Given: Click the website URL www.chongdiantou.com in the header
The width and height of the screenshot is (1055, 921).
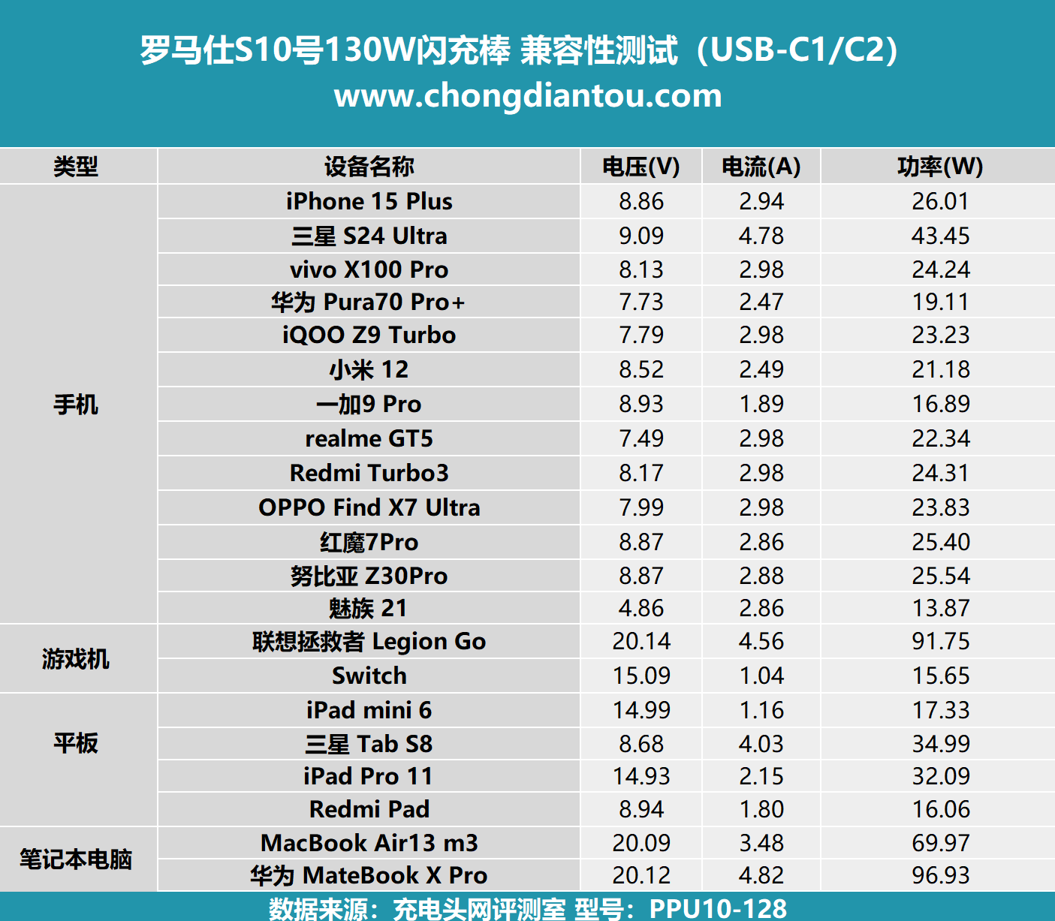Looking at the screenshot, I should [x=528, y=96].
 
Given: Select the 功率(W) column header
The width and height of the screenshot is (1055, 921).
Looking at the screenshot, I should [x=940, y=167].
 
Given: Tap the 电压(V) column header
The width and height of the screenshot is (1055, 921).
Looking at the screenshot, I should [x=641, y=167].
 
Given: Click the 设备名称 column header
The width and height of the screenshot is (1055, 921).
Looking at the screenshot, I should [x=369, y=167].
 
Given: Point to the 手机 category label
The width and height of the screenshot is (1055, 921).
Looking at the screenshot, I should [x=76, y=405].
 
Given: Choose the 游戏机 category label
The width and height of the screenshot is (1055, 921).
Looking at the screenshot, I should [x=76, y=659].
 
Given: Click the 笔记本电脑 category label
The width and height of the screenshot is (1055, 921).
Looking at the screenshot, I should [x=76, y=859].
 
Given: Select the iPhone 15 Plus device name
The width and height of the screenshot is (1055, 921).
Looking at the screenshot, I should [x=369, y=201].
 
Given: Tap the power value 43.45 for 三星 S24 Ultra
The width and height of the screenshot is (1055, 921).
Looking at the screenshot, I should [x=940, y=236].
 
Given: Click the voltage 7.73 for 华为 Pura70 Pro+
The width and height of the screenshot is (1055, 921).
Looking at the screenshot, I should [x=641, y=302].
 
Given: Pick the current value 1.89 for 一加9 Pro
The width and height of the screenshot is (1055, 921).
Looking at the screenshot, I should [x=761, y=404].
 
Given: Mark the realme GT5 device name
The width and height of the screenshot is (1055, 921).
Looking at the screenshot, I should [x=369, y=438].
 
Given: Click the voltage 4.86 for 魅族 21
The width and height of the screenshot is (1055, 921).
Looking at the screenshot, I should [x=641, y=608].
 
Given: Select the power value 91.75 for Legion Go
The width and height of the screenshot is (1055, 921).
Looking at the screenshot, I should [x=940, y=641].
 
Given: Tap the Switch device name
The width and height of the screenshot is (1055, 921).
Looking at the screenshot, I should [x=369, y=676].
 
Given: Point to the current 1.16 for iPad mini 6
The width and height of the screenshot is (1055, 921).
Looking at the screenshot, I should [x=761, y=710].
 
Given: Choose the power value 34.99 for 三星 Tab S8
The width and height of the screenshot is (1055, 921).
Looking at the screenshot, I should [x=940, y=744].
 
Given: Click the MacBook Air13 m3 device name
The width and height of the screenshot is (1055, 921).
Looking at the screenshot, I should [x=369, y=843].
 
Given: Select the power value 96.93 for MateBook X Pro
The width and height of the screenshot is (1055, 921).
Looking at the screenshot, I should [x=940, y=875].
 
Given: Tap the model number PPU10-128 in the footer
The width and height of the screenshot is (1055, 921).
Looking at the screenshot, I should [x=718, y=908].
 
